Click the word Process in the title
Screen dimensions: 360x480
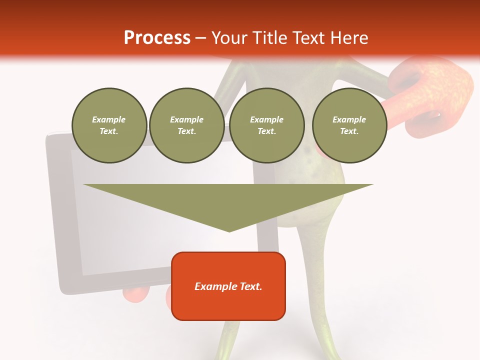[157, 38]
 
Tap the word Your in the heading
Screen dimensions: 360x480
[230, 38]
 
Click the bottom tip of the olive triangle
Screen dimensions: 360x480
[229, 230]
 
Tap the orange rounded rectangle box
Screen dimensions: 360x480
[228, 305]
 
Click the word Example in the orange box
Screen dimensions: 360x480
[214, 286]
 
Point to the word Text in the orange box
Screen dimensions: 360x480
[249, 286]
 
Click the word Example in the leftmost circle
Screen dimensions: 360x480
[109, 119]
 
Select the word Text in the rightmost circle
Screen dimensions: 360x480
[349, 131]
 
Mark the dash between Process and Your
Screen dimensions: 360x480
[201, 38]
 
